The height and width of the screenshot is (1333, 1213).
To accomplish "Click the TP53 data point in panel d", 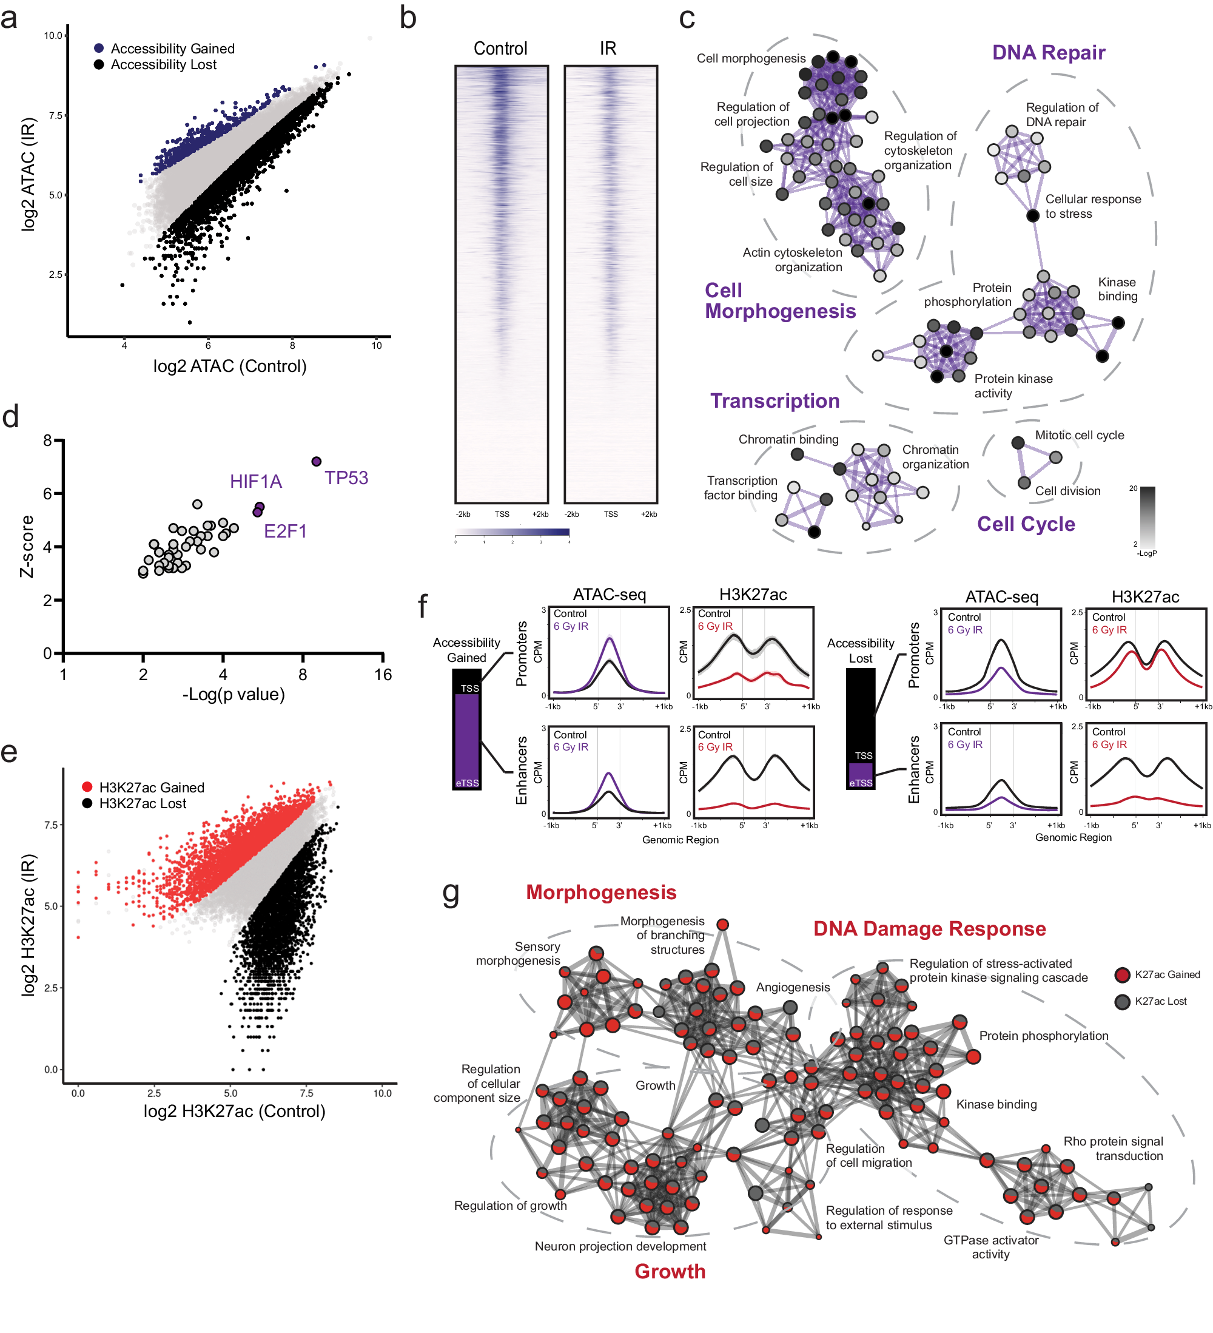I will [x=316, y=462].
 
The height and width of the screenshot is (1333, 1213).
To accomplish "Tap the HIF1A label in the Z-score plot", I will [x=256, y=481].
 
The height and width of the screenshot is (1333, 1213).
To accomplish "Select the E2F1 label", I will [x=285, y=531].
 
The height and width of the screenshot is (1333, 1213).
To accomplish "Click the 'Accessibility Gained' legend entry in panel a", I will [x=172, y=49].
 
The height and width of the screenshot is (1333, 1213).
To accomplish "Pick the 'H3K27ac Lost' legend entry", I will [x=142, y=803].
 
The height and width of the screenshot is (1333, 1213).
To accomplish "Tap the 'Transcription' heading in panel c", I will [x=774, y=400].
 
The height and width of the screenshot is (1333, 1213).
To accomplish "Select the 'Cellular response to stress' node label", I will [x=1092, y=206].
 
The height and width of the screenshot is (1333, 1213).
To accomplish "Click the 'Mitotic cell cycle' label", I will [x=1079, y=435].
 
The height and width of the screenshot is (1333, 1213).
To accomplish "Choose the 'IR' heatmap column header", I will [x=608, y=49].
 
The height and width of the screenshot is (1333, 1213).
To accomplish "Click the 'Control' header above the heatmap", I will [x=500, y=49].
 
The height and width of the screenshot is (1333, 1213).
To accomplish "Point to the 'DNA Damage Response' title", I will [x=929, y=928].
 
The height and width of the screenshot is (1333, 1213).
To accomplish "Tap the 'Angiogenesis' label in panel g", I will [x=793, y=987].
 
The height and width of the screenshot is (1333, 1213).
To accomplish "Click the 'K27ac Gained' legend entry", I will [x=1167, y=974].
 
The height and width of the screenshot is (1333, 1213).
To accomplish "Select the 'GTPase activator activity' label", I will [x=990, y=1247].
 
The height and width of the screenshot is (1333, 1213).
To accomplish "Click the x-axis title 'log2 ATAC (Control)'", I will [x=229, y=366].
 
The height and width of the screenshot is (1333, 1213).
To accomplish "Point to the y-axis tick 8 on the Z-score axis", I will [x=47, y=440].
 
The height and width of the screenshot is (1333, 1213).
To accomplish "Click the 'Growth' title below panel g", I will [x=670, y=1271].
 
